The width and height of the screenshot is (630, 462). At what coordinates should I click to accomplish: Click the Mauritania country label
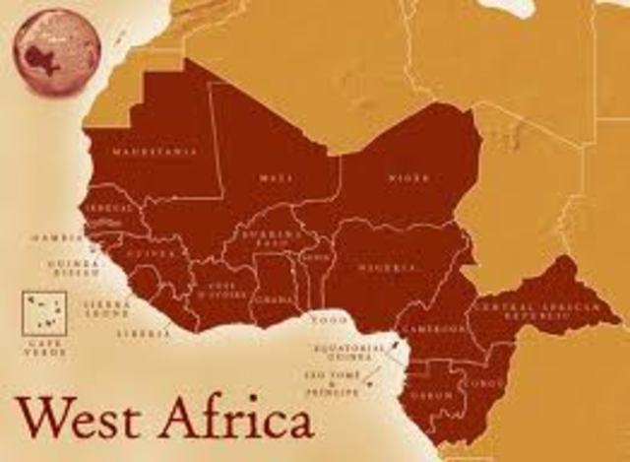(154, 153)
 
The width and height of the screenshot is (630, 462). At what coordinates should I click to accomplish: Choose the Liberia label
(136, 334)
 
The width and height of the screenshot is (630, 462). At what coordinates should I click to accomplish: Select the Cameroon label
(434, 328)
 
